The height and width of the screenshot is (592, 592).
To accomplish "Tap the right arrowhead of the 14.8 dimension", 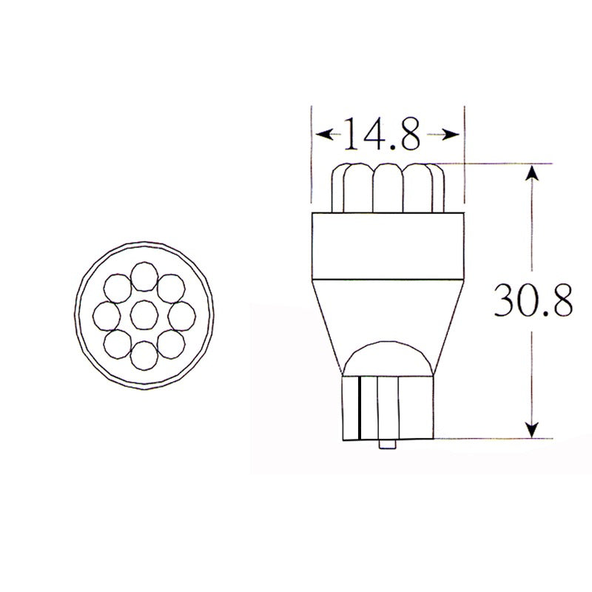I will click(453, 135).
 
